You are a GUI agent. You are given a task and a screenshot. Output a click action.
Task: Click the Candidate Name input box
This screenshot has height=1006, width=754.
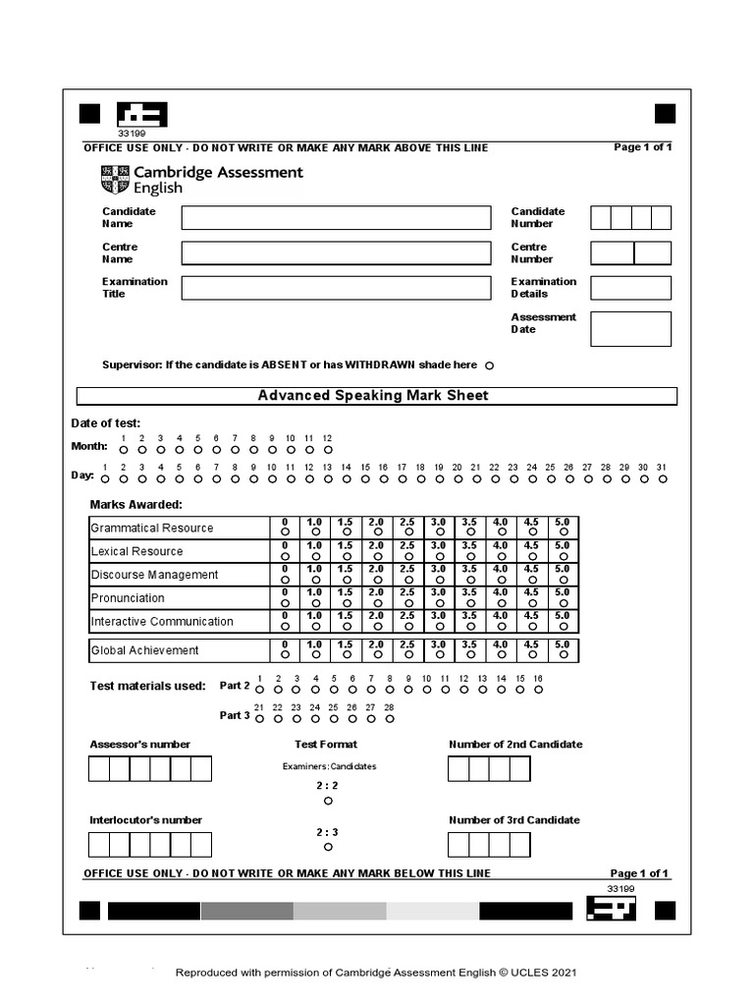click(x=335, y=218)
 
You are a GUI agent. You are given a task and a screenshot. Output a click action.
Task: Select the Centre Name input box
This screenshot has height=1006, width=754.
click(x=335, y=253)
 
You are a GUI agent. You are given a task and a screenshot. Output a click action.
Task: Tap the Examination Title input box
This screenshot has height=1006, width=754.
click(x=335, y=288)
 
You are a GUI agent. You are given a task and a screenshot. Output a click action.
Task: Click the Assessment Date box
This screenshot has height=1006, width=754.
click(x=630, y=329)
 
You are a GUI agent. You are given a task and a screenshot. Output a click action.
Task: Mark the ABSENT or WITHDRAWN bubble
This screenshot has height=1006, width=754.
click(x=490, y=365)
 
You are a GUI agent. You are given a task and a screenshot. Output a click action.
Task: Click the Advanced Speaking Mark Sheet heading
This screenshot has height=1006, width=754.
click(x=376, y=396)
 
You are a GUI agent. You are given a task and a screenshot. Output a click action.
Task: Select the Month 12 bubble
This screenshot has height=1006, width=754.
click(x=328, y=449)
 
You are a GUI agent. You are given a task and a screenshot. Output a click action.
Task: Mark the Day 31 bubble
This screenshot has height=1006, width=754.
click(x=662, y=479)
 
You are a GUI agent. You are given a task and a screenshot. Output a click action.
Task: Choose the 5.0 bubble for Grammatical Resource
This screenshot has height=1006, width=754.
click(x=562, y=531)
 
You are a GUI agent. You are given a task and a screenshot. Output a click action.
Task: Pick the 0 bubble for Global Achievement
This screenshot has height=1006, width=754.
click(x=285, y=654)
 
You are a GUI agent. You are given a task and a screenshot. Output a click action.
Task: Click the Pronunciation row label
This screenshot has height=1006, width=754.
click(x=128, y=598)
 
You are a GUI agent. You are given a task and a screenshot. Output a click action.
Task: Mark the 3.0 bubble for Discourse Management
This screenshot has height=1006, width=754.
click(x=439, y=579)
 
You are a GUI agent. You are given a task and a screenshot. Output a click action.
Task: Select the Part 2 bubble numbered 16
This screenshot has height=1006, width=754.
click(x=538, y=690)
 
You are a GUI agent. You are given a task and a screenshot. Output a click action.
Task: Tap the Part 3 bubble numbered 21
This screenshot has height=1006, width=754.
click(x=259, y=719)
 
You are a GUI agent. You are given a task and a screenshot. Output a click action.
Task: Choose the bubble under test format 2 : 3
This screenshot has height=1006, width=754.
click(x=328, y=847)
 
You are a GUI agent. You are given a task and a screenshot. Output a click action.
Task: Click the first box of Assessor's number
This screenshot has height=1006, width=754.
click(x=99, y=768)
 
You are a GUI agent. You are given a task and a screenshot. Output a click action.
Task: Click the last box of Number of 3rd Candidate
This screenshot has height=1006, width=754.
click(x=520, y=844)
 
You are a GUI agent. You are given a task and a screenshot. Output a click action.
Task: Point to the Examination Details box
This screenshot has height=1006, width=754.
click(x=630, y=288)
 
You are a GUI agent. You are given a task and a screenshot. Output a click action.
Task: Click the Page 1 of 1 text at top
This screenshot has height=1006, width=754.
click(x=642, y=147)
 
